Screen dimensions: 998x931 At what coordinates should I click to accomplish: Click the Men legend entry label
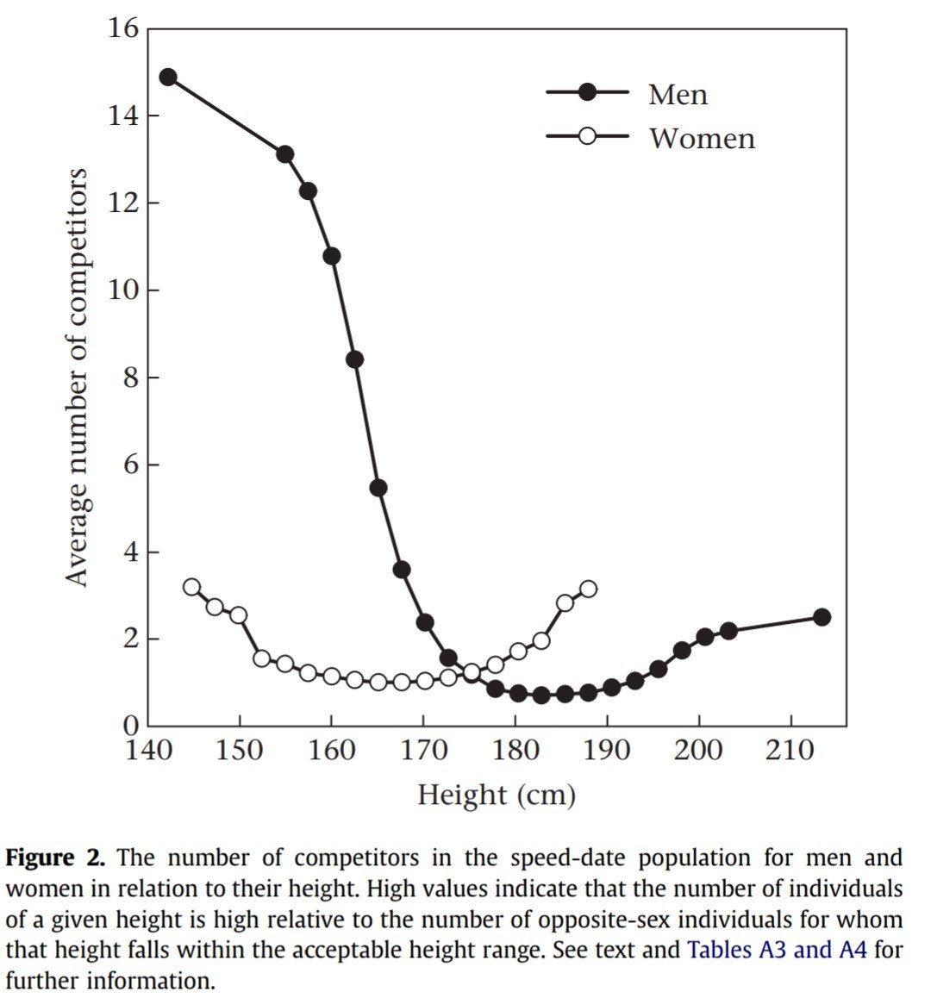(x=678, y=94)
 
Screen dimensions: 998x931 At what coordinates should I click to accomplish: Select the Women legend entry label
(x=702, y=138)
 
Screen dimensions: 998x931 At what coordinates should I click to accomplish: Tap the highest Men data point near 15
(x=168, y=77)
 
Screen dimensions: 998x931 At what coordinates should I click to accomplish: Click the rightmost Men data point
(x=822, y=617)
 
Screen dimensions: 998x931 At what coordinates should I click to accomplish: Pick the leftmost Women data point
(x=191, y=587)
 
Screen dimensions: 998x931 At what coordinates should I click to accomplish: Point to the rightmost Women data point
(x=588, y=589)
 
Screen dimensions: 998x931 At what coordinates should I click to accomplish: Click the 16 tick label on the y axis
(x=123, y=29)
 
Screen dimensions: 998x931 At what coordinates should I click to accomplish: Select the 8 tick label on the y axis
(x=130, y=378)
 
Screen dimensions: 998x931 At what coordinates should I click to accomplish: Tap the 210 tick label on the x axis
(x=790, y=751)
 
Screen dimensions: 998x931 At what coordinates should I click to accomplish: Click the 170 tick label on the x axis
(x=422, y=751)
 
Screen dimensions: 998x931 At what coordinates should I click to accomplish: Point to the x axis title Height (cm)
(x=497, y=794)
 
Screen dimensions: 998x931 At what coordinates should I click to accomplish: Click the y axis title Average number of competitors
(x=78, y=377)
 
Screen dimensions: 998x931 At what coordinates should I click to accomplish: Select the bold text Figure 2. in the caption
(x=55, y=858)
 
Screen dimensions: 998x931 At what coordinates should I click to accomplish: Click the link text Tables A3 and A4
(x=777, y=951)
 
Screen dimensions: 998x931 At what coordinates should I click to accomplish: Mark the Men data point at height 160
(x=331, y=256)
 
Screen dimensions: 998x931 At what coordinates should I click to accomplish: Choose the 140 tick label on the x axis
(x=148, y=751)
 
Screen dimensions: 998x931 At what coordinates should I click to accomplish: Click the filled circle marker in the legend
(x=587, y=92)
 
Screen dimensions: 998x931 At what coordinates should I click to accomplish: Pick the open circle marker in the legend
(x=587, y=136)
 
